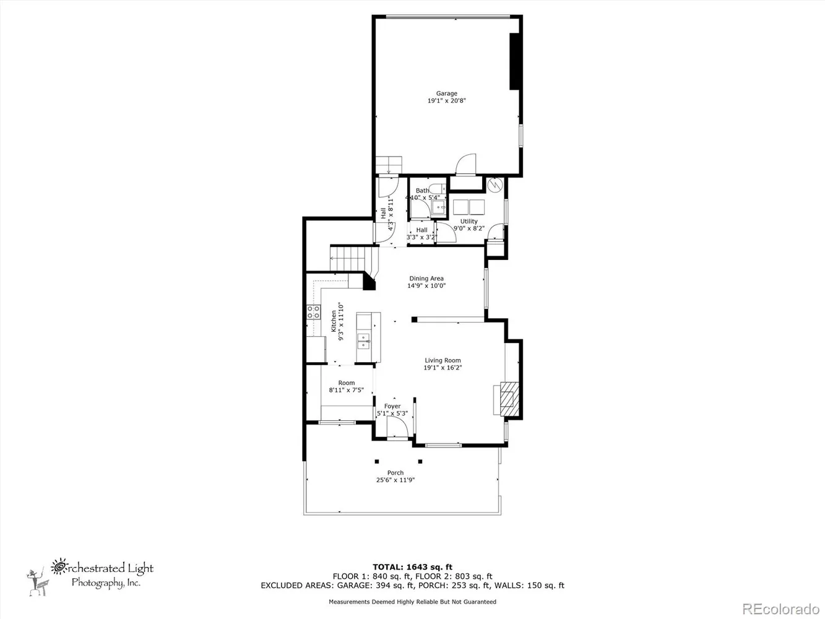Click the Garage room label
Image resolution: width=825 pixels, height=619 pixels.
(x=446, y=93)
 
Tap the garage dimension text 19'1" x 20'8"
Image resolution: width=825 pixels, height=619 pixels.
(x=446, y=100)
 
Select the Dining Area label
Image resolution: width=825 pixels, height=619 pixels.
(x=426, y=279)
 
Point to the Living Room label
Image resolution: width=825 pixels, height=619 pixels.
(x=443, y=360)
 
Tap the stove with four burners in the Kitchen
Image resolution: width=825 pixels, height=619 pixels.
(x=314, y=313)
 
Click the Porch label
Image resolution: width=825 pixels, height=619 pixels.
(x=395, y=473)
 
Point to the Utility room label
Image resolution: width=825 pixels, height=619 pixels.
(x=469, y=221)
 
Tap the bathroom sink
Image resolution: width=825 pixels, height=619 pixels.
(x=439, y=207)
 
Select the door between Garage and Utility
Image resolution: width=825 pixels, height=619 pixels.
(x=465, y=165)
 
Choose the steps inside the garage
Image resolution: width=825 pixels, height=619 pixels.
(x=389, y=165)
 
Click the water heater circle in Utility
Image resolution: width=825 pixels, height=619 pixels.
(x=495, y=185)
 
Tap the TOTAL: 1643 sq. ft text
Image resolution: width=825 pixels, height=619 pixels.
(x=412, y=566)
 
